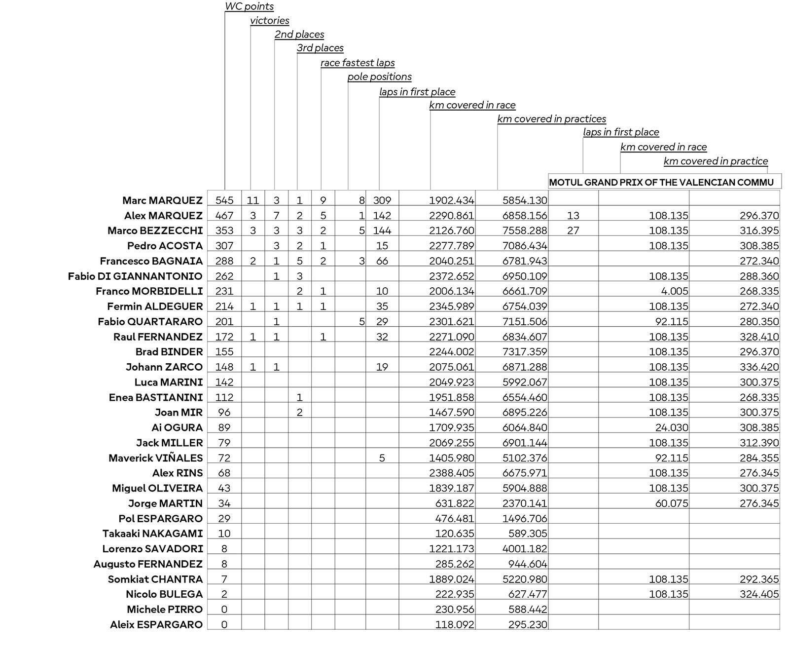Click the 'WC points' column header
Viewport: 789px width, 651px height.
tap(249, 7)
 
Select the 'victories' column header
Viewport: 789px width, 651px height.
tap(269, 21)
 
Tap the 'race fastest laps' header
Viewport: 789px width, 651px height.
tap(358, 63)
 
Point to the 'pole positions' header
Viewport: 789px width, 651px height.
tap(379, 77)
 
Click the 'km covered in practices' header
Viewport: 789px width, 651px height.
tap(551, 119)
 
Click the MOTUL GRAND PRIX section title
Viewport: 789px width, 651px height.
tap(661, 183)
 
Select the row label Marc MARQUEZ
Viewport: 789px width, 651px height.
tap(162, 200)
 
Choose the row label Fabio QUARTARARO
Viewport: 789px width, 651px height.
tap(150, 322)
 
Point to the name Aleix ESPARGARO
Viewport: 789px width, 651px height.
tap(156, 625)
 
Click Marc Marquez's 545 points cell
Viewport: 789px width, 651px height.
tap(224, 200)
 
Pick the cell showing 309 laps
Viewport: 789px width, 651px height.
tap(382, 200)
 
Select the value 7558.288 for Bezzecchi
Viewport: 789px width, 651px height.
tap(524, 231)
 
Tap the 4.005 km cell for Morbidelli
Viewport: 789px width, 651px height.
tap(675, 291)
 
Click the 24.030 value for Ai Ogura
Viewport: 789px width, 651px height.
tap(672, 428)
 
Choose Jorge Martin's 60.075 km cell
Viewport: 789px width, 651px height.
tap(672, 503)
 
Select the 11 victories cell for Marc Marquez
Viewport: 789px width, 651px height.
tap(252, 200)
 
